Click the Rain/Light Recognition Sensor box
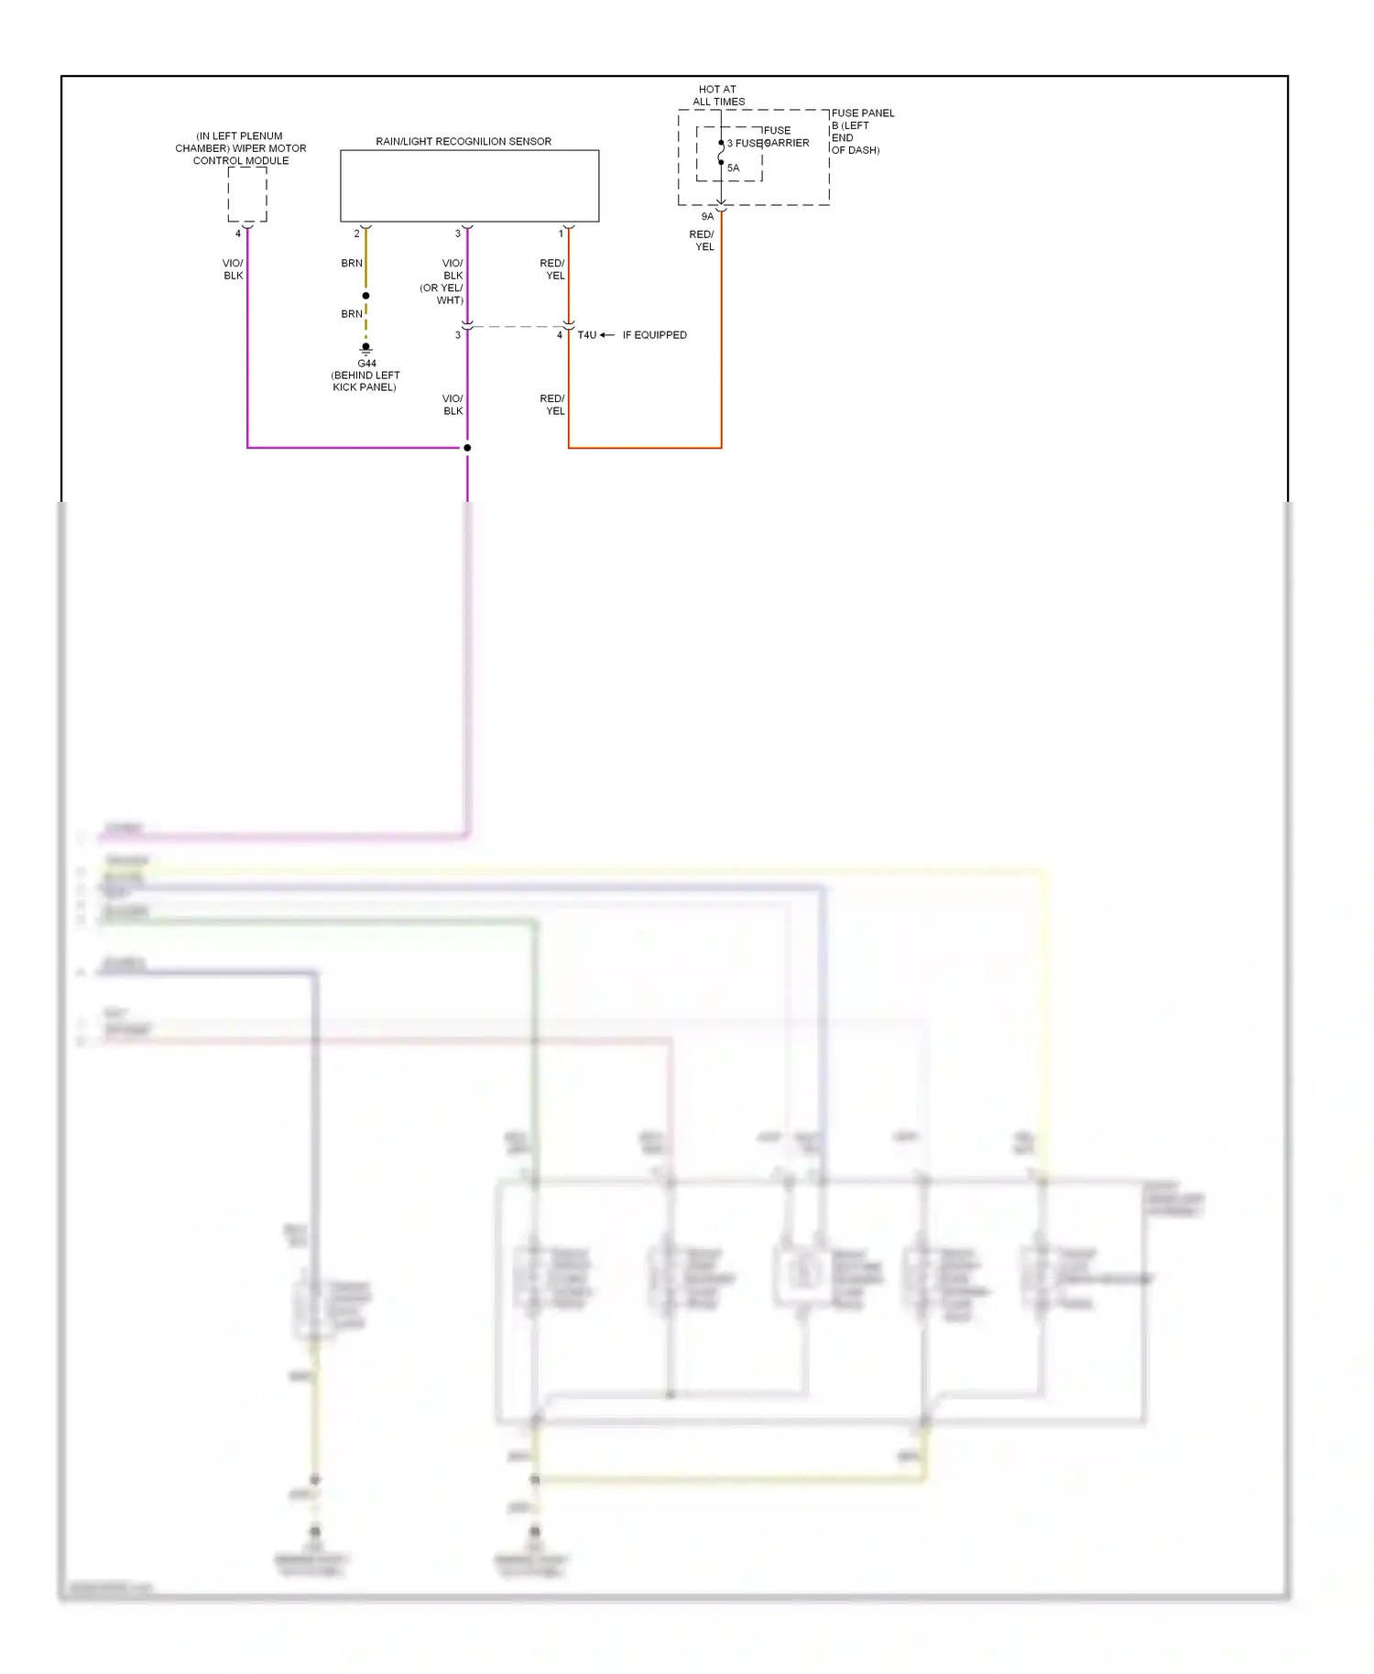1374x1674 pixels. click(x=469, y=186)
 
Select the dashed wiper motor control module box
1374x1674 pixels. click(x=247, y=194)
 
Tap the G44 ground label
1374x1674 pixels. click(x=366, y=364)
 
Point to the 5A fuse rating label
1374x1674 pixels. click(x=733, y=168)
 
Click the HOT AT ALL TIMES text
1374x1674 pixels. click(x=718, y=95)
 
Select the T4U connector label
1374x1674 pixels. click(x=586, y=335)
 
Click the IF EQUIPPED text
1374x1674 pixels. click(x=654, y=335)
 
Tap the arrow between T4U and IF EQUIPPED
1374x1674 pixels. click(x=607, y=335)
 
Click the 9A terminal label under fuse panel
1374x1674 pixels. click(x=707, y=217)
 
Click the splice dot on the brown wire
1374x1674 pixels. click(x=365, y=296)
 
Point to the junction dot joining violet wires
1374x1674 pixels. click(x=467, y=448)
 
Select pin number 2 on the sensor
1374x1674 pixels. click(x=357, y=234)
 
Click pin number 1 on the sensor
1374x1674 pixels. click(x=561, y=234)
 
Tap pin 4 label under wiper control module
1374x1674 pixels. click(x=238, y=234)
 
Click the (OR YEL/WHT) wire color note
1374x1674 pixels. click(x=442, y=294)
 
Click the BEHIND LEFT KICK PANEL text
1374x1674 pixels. click(x=365, y=381)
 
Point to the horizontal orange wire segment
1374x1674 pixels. click(x=645, y=448)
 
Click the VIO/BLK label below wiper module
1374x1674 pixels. click(x=234, y=269)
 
